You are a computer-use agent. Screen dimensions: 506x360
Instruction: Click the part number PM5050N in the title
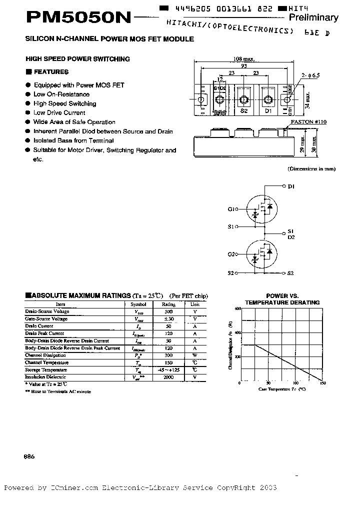click(78, 18)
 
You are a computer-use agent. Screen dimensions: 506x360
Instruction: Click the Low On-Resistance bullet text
click(61, 94)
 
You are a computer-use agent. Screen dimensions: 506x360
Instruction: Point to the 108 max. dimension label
click(243, 59)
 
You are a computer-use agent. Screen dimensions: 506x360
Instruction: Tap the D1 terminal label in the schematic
click(291, 187)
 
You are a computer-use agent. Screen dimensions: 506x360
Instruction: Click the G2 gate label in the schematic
click(231, 254)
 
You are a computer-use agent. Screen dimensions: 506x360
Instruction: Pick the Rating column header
click(168, 304)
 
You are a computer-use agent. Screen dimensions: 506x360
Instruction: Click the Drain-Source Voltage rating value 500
click(168, 311)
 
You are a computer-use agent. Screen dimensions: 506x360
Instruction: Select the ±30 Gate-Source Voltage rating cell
click(168, 319)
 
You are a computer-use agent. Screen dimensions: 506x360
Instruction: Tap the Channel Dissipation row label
click(47, 355)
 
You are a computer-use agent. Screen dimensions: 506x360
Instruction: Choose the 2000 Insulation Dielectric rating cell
click(168, 377)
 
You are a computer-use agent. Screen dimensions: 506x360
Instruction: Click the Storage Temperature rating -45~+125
click(168, 370)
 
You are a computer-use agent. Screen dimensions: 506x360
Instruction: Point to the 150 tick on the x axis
click(323, 383)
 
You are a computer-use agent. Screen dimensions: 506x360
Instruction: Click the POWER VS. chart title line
click(282, 296)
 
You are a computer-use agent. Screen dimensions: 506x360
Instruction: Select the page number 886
click(29, 457)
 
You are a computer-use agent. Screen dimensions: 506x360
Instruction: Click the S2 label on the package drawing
click(244, 111)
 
